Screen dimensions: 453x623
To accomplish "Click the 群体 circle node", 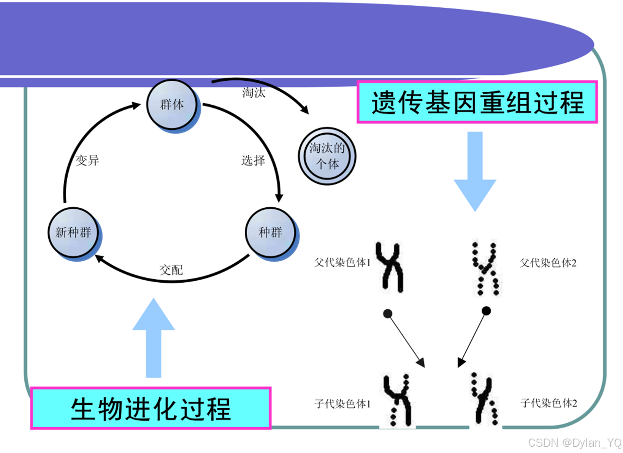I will coord(173,105).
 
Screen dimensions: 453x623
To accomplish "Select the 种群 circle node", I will coord(271,233).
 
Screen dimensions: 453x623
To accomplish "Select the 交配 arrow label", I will coord(171,270).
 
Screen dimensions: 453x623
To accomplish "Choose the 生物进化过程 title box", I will coord(150,408).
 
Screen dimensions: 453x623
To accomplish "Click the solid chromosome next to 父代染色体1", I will coord(391,267).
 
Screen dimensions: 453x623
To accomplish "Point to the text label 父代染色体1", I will coord(343,263).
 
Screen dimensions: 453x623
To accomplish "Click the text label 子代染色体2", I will coord(548,403).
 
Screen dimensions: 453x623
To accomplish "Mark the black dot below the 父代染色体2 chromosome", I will coord(486,311).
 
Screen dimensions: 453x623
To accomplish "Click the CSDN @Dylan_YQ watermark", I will coord(574,443).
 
